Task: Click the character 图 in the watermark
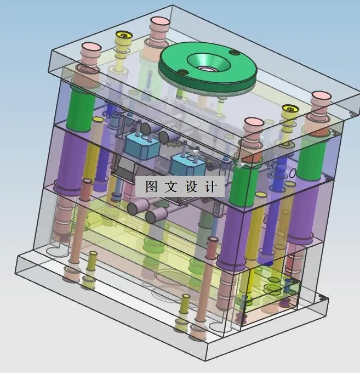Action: [152, 187]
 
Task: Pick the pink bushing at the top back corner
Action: [160, 25]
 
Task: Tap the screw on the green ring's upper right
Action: [235, 53]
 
